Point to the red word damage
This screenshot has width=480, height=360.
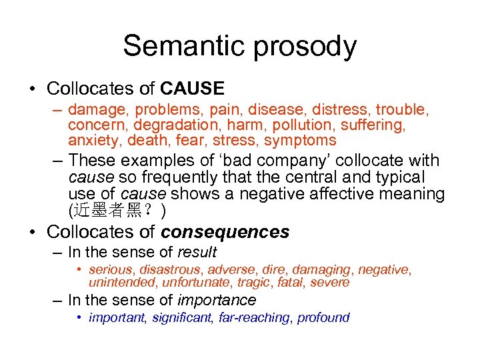(95, 109)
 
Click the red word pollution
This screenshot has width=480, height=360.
(296, 125)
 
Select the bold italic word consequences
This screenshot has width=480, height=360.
(225, 232)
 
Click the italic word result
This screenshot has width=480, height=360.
(197, 252)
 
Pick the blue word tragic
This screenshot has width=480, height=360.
(255, 283)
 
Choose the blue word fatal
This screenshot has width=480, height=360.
(291, 283)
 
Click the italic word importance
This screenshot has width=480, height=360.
(217, 301)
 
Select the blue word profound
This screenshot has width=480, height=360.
(323, 317)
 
